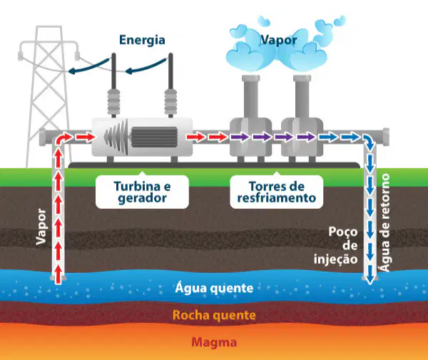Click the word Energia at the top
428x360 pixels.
click(142, 40)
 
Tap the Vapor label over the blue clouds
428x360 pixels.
click(279, 40)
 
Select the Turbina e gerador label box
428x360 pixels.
click(142, 192)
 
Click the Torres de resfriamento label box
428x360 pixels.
click(277, 192)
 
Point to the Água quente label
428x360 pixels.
click(214, 288)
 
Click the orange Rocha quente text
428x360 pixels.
click(214, 315)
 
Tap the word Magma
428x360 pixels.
click(214, 342)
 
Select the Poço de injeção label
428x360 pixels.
click(336, 245)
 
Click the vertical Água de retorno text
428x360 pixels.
click(385, 222)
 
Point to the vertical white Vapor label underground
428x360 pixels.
click(41, 227)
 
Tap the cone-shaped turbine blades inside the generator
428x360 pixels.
click(116, 136)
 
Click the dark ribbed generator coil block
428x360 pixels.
click(154, 137)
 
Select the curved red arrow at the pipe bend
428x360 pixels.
click(63, 137)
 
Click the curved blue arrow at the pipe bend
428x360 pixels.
click(369, 141)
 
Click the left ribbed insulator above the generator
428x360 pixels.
click(114, 102)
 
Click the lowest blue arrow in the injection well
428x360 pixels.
click(370, 274)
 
